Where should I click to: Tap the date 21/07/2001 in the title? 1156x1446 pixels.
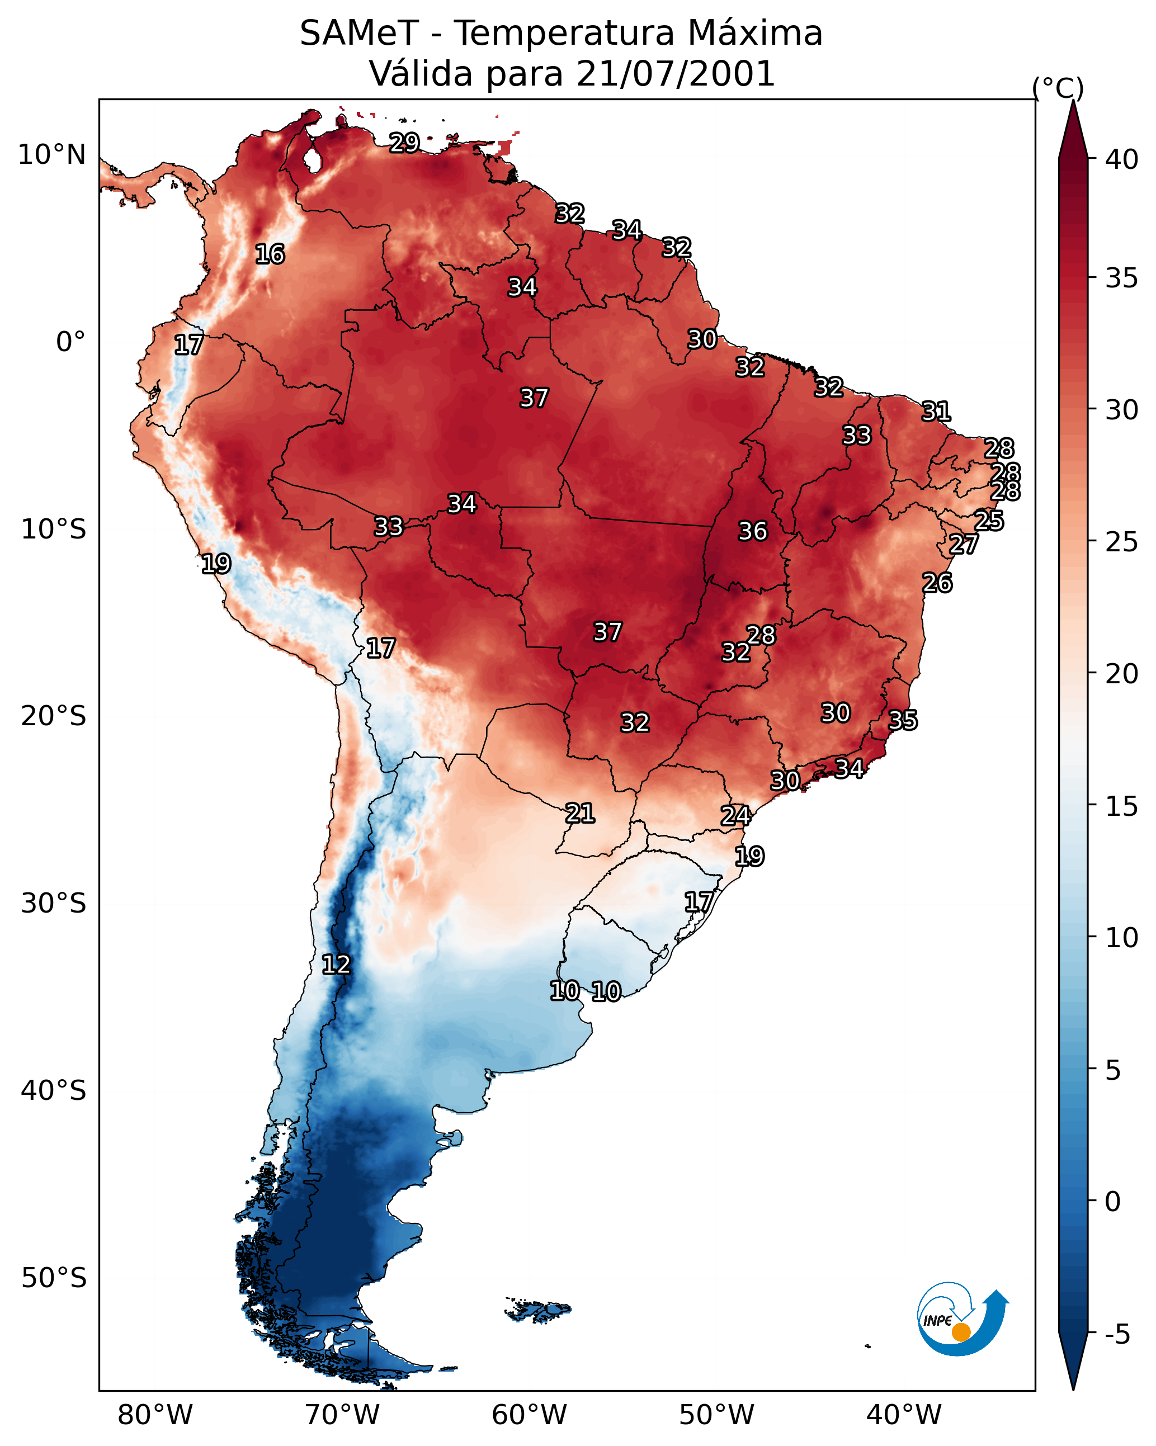coord(675,74)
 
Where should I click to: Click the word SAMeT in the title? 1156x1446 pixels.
coord(359,34)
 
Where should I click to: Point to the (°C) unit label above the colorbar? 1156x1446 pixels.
coord(1058,88)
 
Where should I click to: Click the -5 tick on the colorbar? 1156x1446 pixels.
coord(1117,1334)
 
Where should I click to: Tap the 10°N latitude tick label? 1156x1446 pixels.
coord(51,155)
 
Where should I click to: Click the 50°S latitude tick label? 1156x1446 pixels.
coord(54,1278)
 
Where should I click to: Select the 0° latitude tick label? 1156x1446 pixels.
coord(70,342)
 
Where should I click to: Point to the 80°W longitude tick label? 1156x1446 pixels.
coord(155,1415)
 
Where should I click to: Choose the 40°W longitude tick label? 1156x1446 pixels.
coord(904,1415)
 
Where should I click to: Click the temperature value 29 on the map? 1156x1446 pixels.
coord(404,143)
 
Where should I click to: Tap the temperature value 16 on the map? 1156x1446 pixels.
coord(270,254)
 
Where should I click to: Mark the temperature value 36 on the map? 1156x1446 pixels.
coord(752,531)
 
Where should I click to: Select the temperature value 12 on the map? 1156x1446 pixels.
coord(336,965)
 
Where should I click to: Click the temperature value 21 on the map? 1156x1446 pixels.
coord(579,814)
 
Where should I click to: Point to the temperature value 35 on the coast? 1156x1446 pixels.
coord(903,720)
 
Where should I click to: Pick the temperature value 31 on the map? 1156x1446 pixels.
coord(936,411)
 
